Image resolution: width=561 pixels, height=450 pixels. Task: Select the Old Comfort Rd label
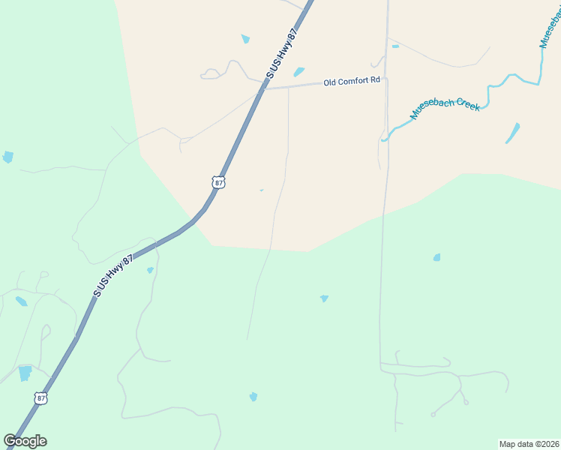click(x=352, y=81)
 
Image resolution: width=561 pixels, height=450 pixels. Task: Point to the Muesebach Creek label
click(x=445, y=110)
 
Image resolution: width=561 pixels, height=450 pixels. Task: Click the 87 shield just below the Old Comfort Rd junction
click(x=217, y=182)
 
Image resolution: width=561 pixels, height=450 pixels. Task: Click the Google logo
click(x=25, y=441)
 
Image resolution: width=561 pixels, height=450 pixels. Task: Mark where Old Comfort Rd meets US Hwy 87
click(x=264, y=88)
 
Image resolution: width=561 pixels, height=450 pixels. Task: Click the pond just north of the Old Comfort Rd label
click(x=299, y=72)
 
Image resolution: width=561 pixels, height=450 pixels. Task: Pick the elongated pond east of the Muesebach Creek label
click(x=512, y=133)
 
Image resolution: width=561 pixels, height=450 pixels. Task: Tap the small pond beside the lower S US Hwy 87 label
click(x=150, y=270)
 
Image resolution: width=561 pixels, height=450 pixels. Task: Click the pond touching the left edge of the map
click(x=7, y=157)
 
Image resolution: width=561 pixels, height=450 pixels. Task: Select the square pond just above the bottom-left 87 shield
click(x=25, y=373)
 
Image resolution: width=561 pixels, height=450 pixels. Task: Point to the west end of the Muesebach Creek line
click(x=383, y=139)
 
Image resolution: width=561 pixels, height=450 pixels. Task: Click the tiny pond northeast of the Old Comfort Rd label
click(x=395, y=46)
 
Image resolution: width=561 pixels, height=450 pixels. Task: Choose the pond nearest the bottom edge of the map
click(x=253, y=397)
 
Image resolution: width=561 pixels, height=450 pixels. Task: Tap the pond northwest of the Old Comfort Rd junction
click(x=245, y=39)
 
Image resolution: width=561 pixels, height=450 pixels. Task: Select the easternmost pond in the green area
click(x=436, y=257)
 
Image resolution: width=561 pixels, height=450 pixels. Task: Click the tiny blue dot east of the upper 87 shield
click(x=261, y=190)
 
